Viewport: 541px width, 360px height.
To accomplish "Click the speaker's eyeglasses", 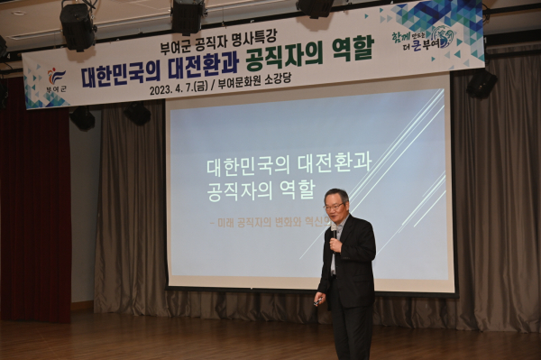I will pyautogui.click(x=334, y=207).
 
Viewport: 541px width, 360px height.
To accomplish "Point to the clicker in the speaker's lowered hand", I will pyautogui.click(x=317, y=301).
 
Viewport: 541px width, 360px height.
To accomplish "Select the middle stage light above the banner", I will pyautogui.click(x=188, y=15).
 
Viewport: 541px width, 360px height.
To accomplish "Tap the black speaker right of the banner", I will pyautogui.click(x=481, y=84).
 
